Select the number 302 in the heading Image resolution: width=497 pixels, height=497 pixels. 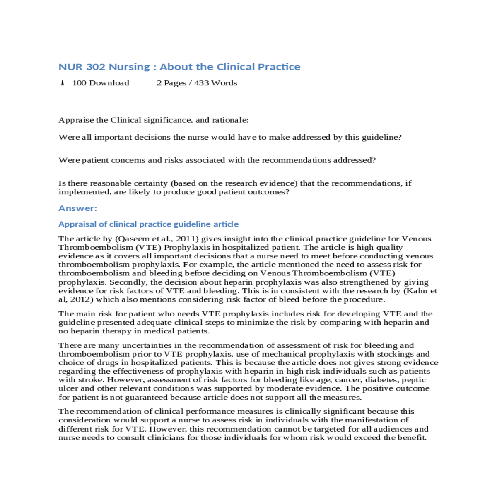click(x=96, y=67)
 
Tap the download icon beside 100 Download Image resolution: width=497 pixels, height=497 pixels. click(x=63, y=83)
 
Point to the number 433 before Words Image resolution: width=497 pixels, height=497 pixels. click(x=201, y=83)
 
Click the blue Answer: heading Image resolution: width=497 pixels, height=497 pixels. click(x=77, y=208)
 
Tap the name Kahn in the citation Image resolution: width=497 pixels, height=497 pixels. click(x=416, y=291)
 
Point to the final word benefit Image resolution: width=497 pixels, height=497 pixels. click(x=412, y=438)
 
